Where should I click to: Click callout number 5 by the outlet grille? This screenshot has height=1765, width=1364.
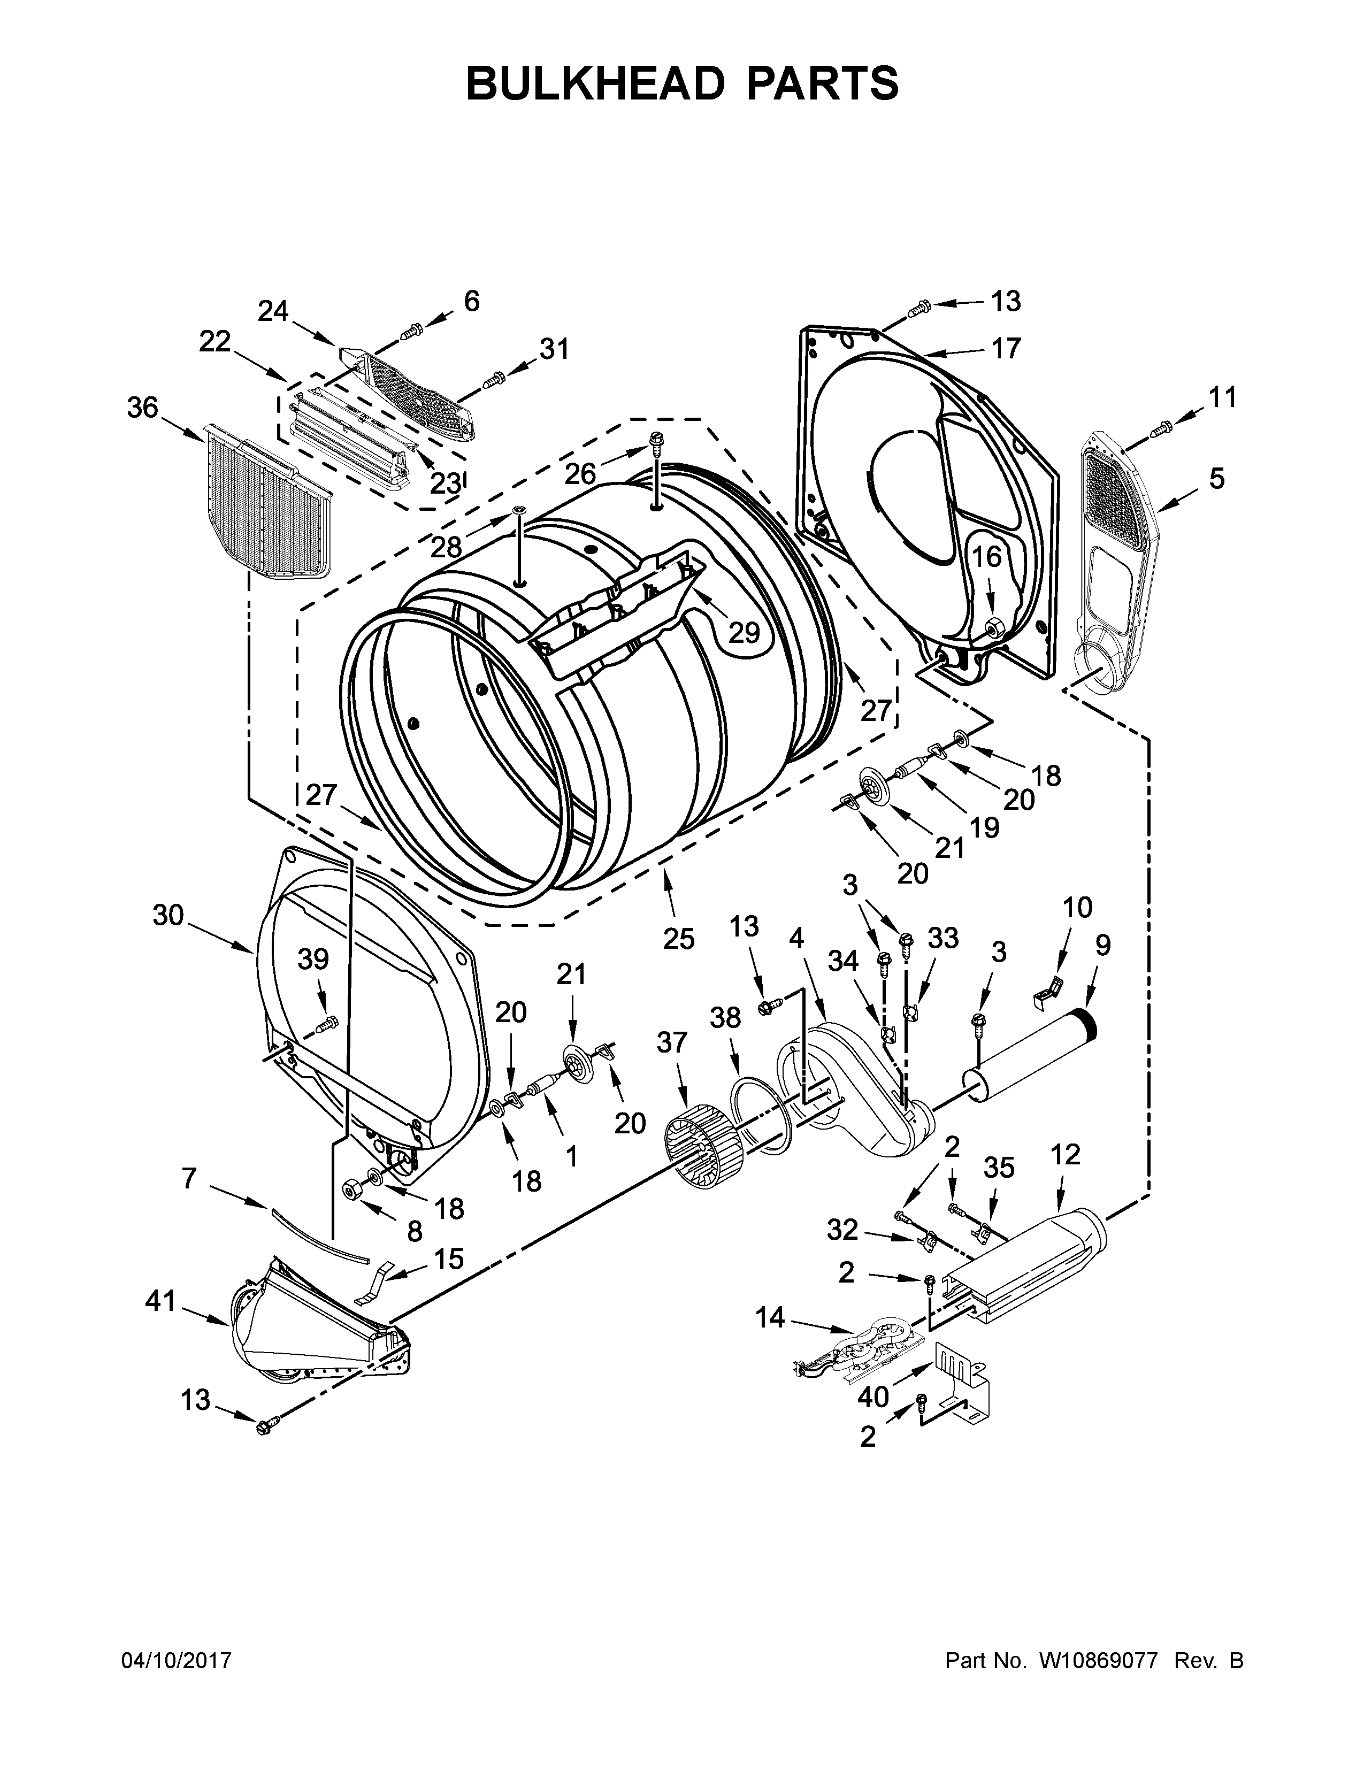tap(1217, 479)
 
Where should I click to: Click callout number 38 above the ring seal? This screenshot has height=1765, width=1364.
tap(725, 1017)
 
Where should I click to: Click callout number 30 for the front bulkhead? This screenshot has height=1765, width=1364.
tap(169, 916)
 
